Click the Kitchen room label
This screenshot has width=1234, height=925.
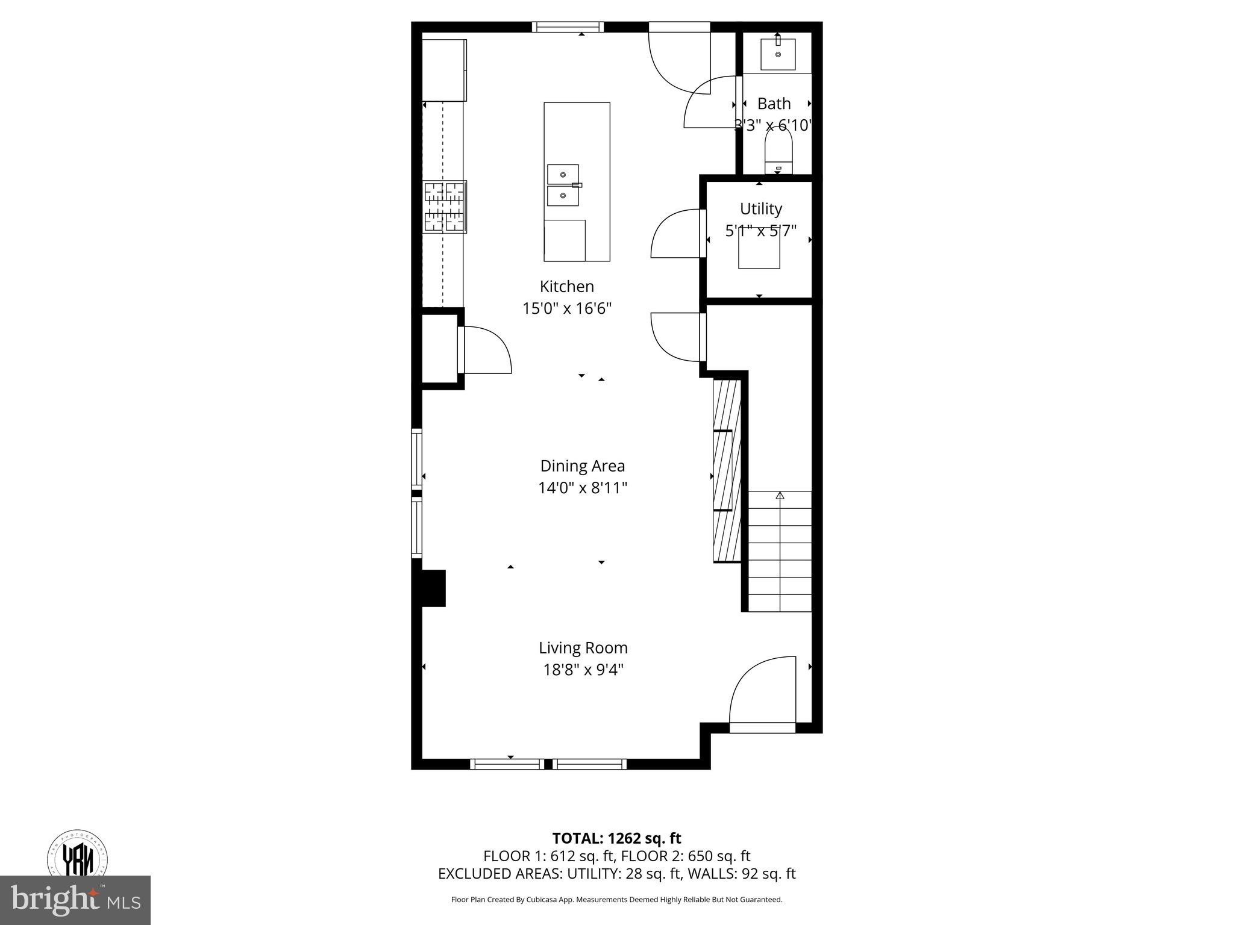click(x=566, y=286)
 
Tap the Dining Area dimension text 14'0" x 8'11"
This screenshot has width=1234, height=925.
click(x=583, y=488)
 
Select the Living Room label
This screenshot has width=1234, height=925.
click(x=583, y=648)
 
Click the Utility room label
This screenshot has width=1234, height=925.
click(x=760, y=209)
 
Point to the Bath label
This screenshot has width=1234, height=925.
click(x=774, y=104)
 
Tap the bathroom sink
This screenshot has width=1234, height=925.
click(x=778, y=54)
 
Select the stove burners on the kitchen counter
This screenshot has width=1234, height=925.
click(x=445, y=207)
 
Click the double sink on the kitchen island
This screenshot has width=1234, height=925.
click(x=563, y=185)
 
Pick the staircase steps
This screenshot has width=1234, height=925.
click(x=780, y=551)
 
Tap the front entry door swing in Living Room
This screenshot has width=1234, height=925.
click(x=762, y=693)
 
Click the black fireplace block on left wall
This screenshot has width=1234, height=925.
click(x=433, y=588)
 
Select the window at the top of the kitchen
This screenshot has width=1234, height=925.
click(x=568, y=26)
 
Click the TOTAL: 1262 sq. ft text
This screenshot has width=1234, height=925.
click(x=616, y=838)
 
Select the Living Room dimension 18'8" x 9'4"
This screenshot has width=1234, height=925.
click(x=583, y=670)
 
